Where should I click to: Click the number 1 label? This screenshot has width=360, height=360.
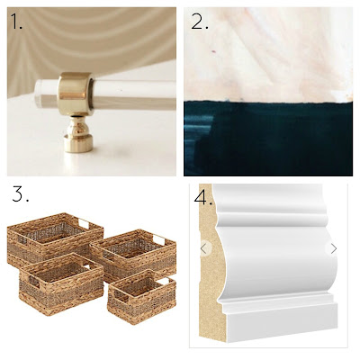click(16, 21)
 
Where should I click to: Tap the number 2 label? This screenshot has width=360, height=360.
click(199, 21)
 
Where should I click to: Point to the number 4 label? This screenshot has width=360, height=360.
click(203, 197)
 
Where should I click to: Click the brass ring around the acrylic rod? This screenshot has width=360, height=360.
click(76, 94)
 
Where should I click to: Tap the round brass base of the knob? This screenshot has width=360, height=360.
click(78, 143)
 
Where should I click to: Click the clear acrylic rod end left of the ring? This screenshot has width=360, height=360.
click(46, 94)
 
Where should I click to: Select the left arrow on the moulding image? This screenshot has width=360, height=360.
click(204, 248)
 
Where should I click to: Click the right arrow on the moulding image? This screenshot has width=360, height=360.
click(334, 248)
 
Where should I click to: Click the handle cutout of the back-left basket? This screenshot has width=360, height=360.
click(84, 223)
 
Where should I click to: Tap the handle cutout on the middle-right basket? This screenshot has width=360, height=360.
click(158, 239)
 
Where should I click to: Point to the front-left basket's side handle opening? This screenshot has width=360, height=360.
click(33, 282)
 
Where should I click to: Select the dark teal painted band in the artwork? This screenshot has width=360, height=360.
click(268, 139)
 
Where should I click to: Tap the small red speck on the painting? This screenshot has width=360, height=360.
click(214, 52)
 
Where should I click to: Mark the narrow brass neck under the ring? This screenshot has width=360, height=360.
click(76, 125)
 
